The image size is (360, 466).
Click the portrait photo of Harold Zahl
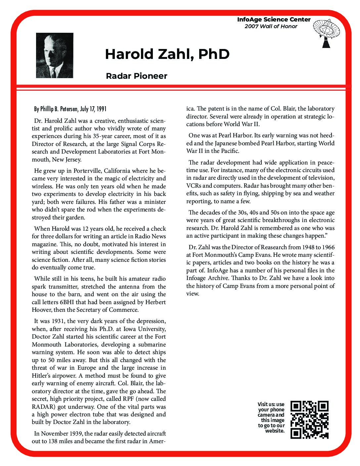click(55, 55)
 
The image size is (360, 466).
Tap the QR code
click(309, 420)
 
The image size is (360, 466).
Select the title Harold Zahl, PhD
click(167, 54)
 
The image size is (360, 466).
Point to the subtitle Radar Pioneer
click(136, 76)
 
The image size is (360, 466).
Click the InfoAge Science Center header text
click(274, 20)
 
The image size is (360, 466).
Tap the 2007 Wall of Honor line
click(271, 26)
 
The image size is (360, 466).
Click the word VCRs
click(193, 186)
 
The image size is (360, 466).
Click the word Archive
click(221, 278)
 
